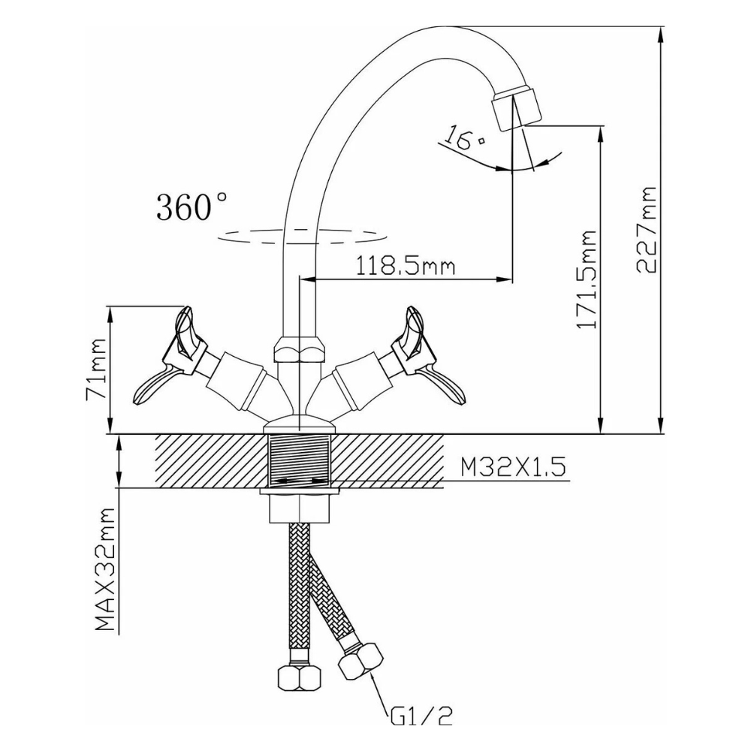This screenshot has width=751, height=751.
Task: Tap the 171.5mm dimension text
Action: [x=587, y=279]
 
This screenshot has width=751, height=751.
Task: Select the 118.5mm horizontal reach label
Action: [x=405, y=266]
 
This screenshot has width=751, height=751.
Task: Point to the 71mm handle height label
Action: [x=95, y=369]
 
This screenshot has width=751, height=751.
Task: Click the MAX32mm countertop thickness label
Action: [x=105, y=569]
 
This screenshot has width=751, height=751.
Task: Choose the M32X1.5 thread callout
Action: [x=513, y=466]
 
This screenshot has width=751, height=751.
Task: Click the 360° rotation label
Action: [x=192, y=207]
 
